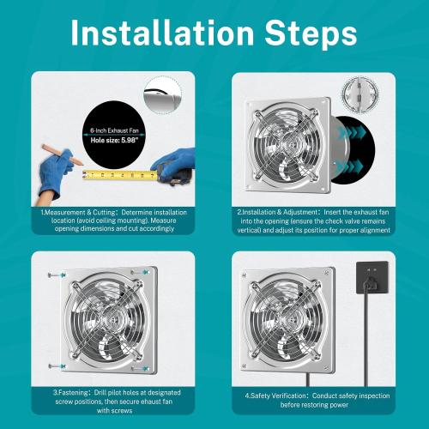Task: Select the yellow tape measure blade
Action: (x=120, y=175)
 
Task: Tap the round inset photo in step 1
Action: (x=162, y=93)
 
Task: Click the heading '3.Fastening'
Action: (x=61, y=392)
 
